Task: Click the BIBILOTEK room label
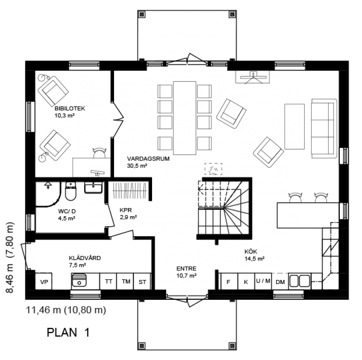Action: pos(70,109)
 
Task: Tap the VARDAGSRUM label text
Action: pos(148,159)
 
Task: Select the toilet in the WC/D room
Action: pos(71,191)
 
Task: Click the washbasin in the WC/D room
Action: pos(93,188)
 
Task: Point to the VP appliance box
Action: pos(43,281)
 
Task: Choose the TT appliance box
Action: pos(108,281)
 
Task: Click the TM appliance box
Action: pos(125,281)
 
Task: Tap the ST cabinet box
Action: pos(142,281)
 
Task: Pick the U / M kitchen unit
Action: pos(263,281)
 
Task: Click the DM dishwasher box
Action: pos(280,281)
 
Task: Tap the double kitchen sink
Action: pos(300,281)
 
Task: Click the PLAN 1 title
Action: pos(68,332)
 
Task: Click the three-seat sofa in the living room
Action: pos(324,128)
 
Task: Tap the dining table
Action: pos(185,118)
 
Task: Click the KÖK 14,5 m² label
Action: pos(254,255)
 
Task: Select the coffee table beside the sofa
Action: pos(295,127)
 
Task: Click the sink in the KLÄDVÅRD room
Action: pos(79,280)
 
